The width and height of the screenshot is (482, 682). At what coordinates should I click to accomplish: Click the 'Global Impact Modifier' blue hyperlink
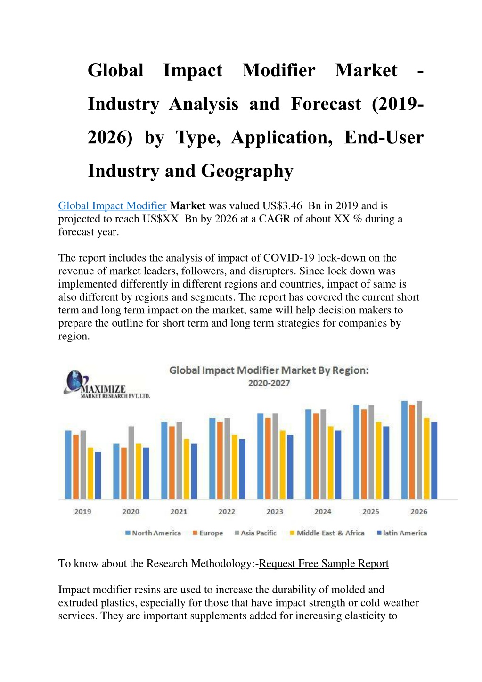pos(112,206)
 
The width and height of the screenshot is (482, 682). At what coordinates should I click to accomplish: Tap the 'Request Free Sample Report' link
pos(324,564)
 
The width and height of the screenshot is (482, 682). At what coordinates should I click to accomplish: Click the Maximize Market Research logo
pos(106,385)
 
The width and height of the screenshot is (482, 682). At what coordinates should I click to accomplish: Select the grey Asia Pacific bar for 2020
pos(131,462)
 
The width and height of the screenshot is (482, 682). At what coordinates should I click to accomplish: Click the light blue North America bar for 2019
pos(68,465)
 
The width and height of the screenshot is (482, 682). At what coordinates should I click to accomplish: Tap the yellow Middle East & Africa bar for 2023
pos(283,465)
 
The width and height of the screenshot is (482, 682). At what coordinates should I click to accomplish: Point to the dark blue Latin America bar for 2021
pos(194,471)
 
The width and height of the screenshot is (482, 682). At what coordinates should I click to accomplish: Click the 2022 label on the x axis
pos(227,511)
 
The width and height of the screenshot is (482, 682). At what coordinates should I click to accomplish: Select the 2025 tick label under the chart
pos(371,511)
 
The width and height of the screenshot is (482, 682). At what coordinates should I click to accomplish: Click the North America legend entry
pos(153,533)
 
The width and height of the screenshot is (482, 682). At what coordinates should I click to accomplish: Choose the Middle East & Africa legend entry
pos(327,533)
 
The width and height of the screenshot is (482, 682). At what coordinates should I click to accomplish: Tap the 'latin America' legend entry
pos(402,533)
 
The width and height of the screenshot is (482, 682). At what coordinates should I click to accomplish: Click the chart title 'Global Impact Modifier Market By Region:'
pos(269,370)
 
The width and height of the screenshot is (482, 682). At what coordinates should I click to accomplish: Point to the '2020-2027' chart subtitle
pos(269,383)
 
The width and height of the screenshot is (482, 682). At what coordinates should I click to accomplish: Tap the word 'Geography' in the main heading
pos(247,172)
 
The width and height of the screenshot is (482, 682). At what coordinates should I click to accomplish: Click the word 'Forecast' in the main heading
pos(326,104)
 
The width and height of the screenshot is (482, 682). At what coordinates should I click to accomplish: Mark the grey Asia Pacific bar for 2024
pos(323,454)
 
